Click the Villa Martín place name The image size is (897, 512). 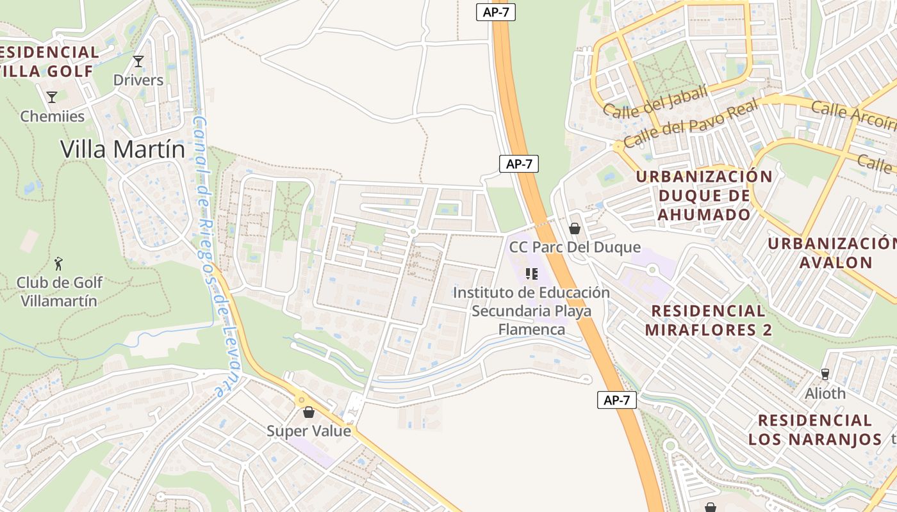pos(122,149)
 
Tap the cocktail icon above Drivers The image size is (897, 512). pos(138,61)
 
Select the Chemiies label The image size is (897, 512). pos(53,116)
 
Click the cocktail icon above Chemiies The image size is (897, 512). pos(52,97)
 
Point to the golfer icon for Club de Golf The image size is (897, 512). pos(59,263)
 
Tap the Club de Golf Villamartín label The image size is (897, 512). pos(59,291)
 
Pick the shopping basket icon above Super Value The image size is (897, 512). pos(309,412)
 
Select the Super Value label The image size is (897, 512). pos(309,431)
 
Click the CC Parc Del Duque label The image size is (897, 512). pos(575,247)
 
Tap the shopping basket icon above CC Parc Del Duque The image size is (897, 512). pos(575,228)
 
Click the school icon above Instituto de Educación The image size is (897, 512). pos(531,274)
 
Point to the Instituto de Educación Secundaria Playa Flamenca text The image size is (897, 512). pos(531,311)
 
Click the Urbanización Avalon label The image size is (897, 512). pos(833,253)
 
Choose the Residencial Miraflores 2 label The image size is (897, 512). pos(708,321)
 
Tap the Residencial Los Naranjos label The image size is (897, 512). pos(815,430)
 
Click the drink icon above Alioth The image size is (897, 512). pos(825,374)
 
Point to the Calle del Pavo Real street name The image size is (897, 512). pos(691,123)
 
